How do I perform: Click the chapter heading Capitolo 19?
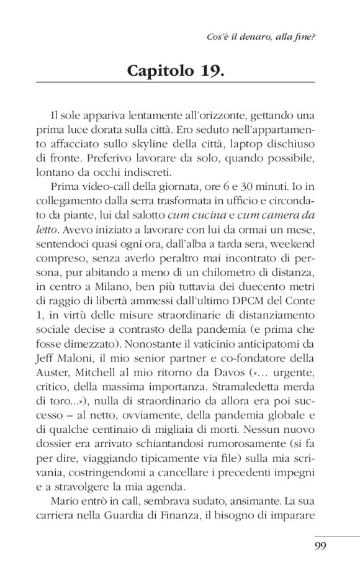176,70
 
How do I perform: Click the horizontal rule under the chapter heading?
176,83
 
